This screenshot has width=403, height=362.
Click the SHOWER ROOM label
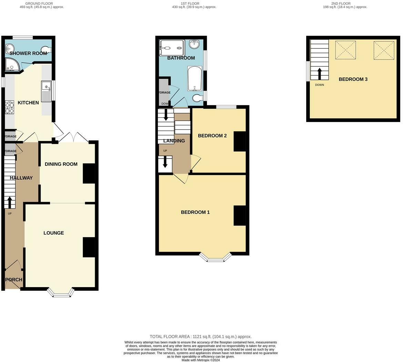[28, 53]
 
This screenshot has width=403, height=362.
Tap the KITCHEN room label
[28, 103]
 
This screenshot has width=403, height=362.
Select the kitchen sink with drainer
[46, 91]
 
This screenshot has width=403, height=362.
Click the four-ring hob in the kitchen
[10, 107]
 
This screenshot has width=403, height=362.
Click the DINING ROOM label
[61, 164]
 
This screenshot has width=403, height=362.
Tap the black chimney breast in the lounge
[89, 247]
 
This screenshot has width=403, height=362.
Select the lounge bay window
[61, 293]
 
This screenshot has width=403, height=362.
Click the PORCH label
[14, 280]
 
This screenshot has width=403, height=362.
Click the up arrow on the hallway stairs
[9, 202]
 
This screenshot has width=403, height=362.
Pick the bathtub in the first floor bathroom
[195, 79]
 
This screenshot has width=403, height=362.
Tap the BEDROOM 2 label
[212, 136]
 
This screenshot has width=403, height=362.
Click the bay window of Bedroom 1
[216, 258]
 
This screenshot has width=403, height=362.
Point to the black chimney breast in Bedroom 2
[240, 141]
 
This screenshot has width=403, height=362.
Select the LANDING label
[174, 141]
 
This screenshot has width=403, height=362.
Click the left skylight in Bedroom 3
[345, 50]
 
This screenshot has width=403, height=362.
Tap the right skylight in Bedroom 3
[384, 50]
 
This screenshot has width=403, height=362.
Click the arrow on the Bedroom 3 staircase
[320, 74]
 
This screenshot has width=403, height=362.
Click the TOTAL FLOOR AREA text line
[201, 336]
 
